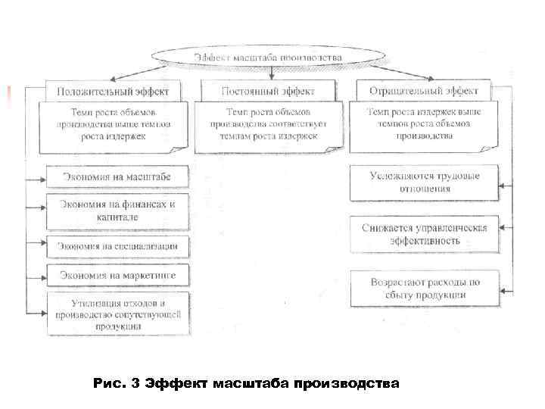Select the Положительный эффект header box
118,91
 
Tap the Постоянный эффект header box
268,91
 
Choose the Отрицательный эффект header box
423,91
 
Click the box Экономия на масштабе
117,178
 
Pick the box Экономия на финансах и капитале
117,211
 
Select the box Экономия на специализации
117,245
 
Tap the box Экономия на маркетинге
117,273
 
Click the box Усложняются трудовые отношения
425,183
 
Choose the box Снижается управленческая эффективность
425,234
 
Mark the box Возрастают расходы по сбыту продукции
425,289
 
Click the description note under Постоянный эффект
268,124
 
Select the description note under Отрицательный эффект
423,124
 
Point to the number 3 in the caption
135,382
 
